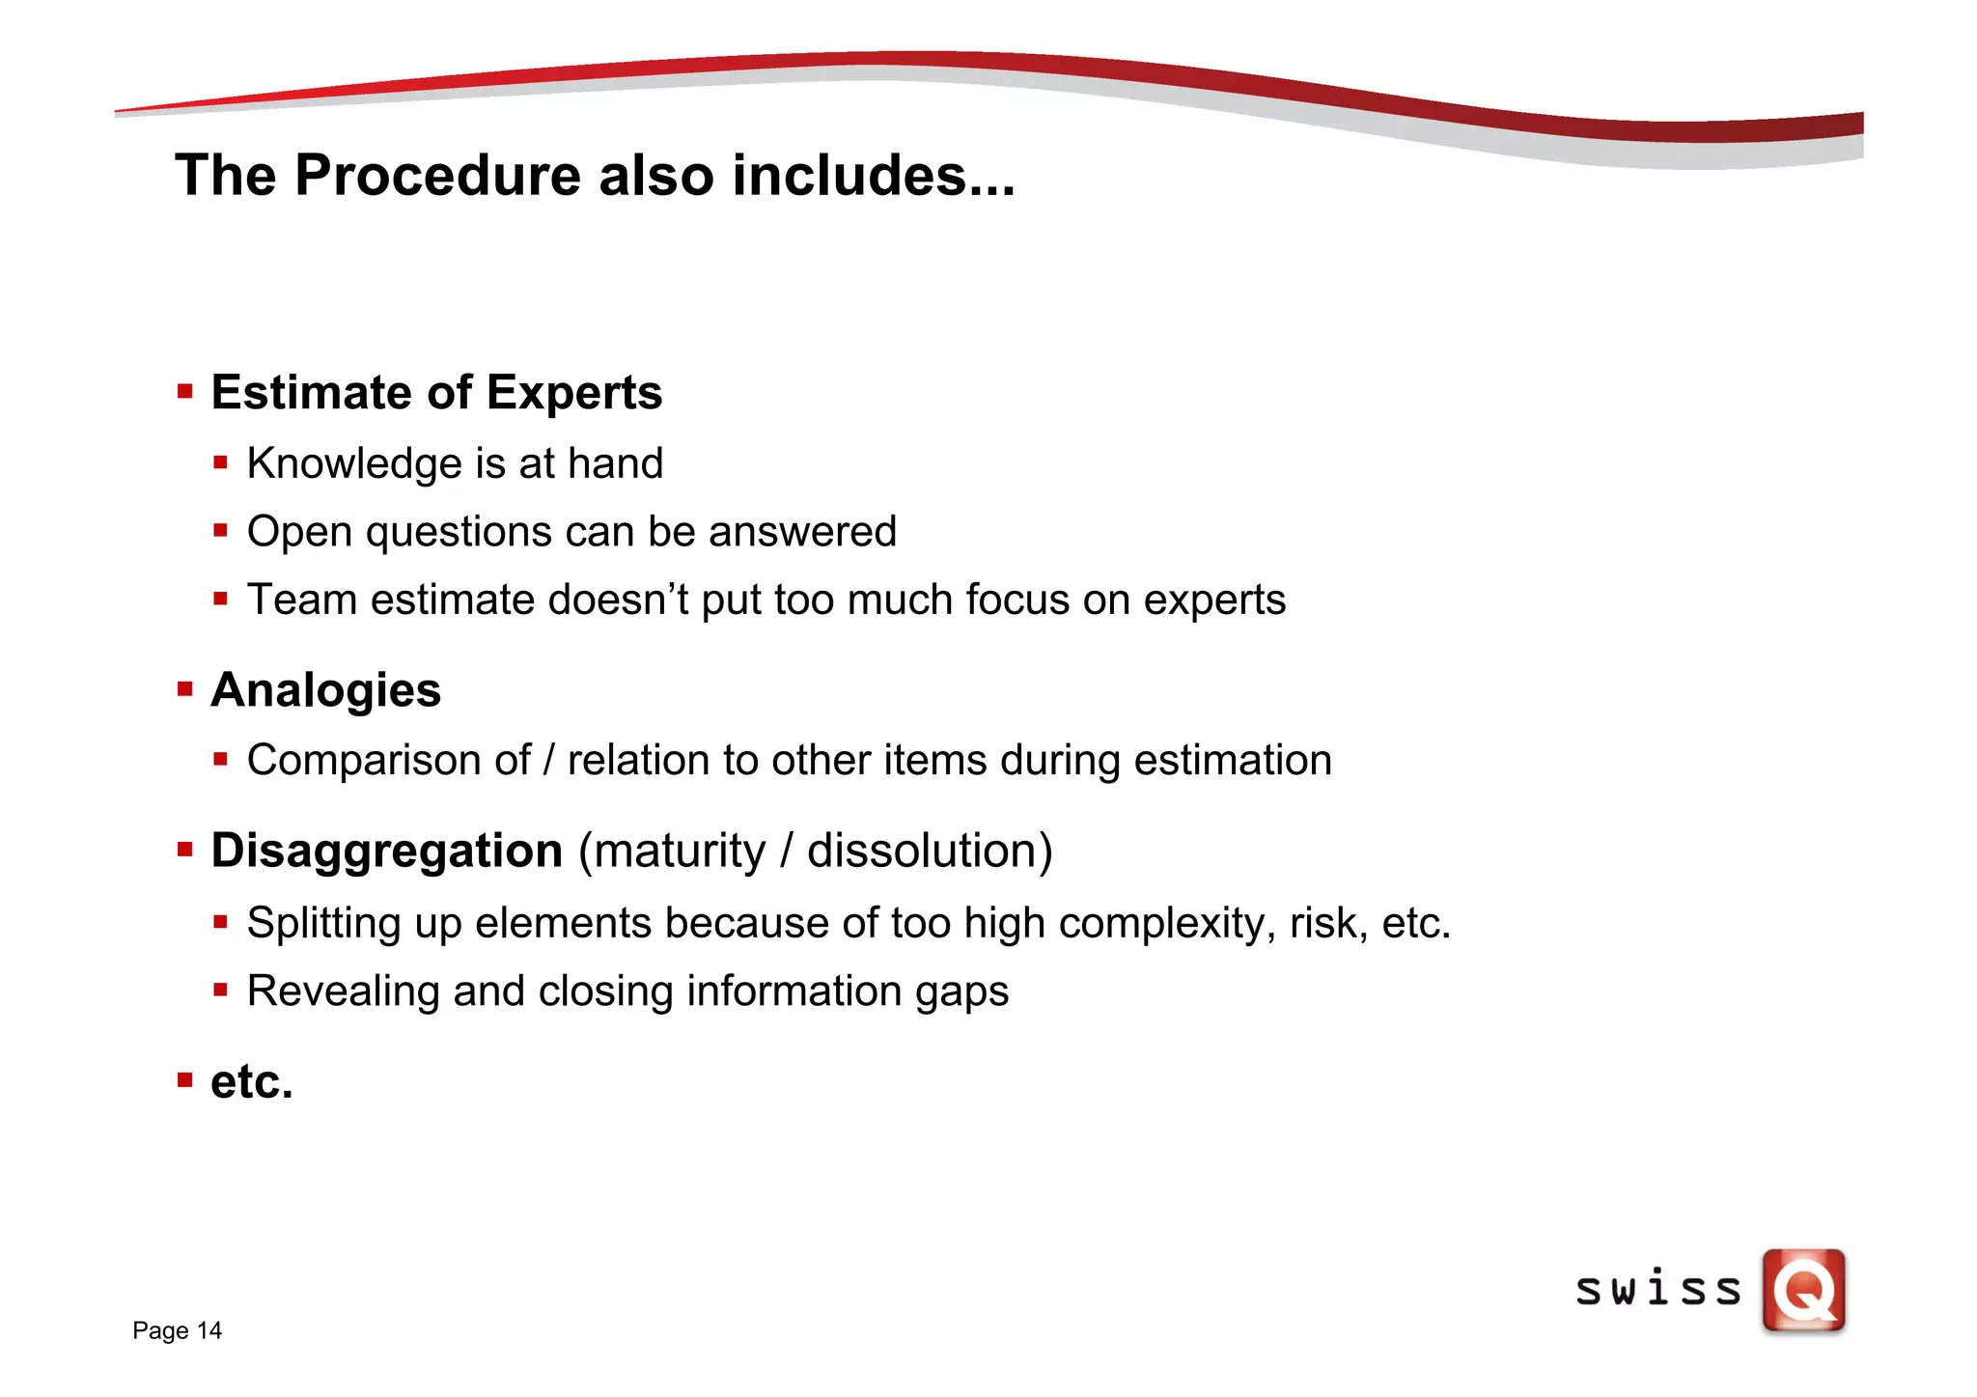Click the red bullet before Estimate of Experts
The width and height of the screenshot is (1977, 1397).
click(x=185, y=392)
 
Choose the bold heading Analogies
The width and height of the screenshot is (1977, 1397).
click(x=325, y=690)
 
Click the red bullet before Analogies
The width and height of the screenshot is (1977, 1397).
click(x=185, y=689)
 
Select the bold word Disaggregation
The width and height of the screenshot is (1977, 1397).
click(x=386, y=852)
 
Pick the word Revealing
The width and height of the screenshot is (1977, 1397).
click(x=343, y=992)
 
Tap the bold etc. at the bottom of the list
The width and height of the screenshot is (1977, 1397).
click(x=251, y=1081)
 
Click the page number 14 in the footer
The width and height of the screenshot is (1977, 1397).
click(x=209, y=1330)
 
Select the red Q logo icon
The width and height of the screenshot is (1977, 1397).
click(x=1803, y=1291)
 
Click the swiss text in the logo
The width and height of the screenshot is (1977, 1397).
click(x=1657, y=1291)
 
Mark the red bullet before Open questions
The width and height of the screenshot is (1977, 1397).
click(x=221, y=530)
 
